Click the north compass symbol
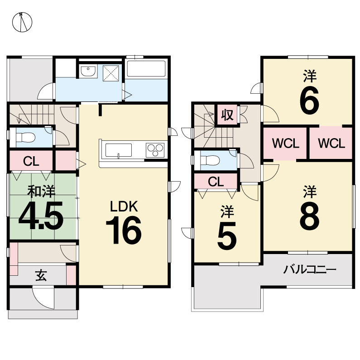pyautogui.click(x=22, y=22)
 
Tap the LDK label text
pyautogui.click(x=124, y=206)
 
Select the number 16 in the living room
pyautogui.click(x=124, y=230)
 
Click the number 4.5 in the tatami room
pyautogui.click(x=41, y=216)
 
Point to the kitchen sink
pyautogui.click(x=119, y=150)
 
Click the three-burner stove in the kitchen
pyautogui.click(x=155, y=150)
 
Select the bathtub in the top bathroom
pyautogui.click(x=146, y=69)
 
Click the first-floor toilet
pyautogui.click(x=25, y=138)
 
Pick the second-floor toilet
pyautogui.click(x=210, y=160)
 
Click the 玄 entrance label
pyautogui.click(x=41, y=275)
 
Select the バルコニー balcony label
pyautogui.click(x=309, y=269)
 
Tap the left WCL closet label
pyautogui.click(x=285, y=143)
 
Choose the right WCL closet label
pyautogui.click(x=331, y=143)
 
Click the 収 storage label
pyautogui.click(x=227, y=115)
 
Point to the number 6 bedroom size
pyautogui.click(x=309, y=101)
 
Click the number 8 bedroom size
pyautogui.click(x=309, y=216)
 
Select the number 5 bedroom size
pyautogui.click(x=227, y=236)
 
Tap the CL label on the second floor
pyautogui.click(x=216, y=182)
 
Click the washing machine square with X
pyautogui.click(x=111, y=73)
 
